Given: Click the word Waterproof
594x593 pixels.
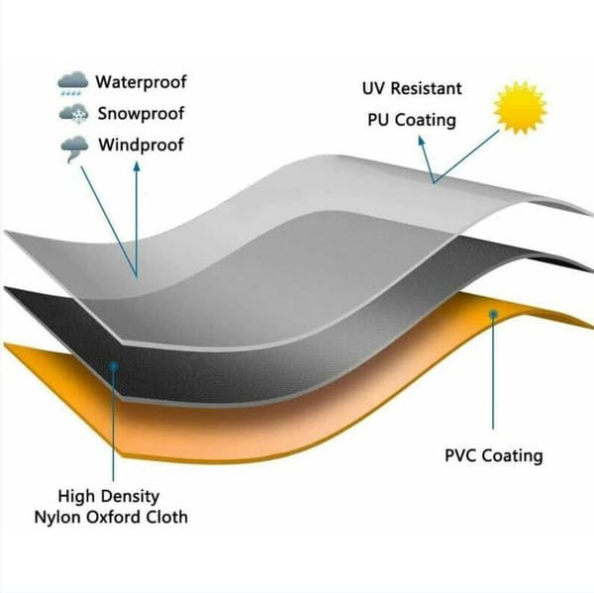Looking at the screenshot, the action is (x=141, y=82).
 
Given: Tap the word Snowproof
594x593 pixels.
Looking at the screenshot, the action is (x=141, y=113).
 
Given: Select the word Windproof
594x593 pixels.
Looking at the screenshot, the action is (x=141, y=145).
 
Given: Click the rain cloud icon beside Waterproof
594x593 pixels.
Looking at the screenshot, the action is (x=72, y=83).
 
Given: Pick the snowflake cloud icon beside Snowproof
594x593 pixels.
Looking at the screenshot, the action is (x=74, y=114).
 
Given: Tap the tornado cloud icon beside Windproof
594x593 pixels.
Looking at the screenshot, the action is (x=74, y=148).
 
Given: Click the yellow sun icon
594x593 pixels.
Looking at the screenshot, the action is (x=520, y=107).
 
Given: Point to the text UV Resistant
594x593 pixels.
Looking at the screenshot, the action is (x=412, y=88).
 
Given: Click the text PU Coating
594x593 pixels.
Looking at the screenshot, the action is (x=412, y=120).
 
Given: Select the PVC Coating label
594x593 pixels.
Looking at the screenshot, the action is (x=494, y=455).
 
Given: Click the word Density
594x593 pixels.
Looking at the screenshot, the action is (x=130, y=496).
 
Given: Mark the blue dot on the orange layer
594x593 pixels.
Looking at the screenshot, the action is (x=493, y=314).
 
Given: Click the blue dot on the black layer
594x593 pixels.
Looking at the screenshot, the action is (x=113, y=366).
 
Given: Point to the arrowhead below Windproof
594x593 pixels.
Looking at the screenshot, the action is (x=137, y=166).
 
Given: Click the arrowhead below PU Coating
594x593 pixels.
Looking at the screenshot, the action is (x=422, y=141).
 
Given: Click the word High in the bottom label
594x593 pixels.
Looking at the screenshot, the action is (x=77, y=496).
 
